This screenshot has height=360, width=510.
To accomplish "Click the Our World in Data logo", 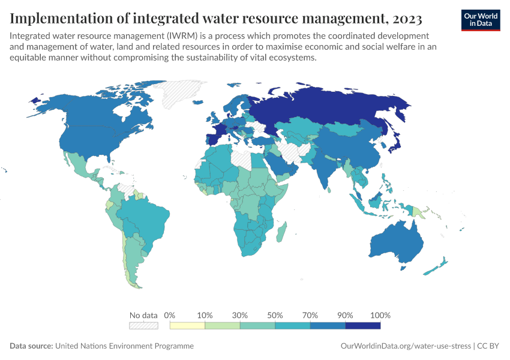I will (x=480, y=19).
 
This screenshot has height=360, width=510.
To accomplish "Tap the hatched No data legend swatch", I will (x=143, y=326).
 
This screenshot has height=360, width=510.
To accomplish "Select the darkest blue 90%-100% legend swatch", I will (x=362, y=326).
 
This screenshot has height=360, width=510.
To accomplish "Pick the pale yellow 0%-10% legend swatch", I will (x=187, y=326).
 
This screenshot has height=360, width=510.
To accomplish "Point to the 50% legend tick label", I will (x=275, y=315).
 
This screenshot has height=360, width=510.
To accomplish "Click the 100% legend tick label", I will (x=380, y=315).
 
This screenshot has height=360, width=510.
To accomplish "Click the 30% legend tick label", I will (x=240, y=315).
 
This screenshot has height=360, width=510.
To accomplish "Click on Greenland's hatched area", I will (x=180, y=93).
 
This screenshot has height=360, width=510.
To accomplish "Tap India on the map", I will (x=325, y=171).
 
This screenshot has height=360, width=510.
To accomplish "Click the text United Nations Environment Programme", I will (x=125, y=346).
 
